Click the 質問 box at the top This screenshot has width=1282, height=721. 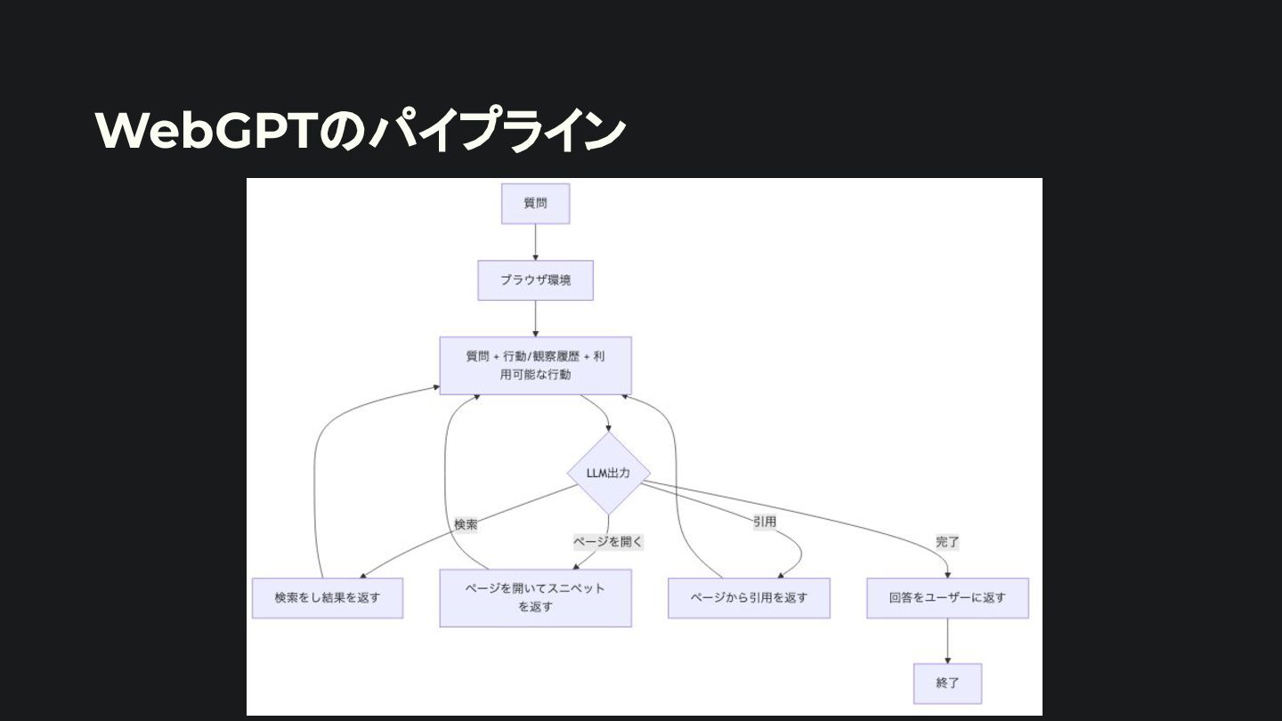(535, 204)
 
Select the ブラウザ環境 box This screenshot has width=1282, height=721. (535, 280)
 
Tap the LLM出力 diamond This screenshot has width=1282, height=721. (609, 473)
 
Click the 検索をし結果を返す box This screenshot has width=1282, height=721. (327, 598)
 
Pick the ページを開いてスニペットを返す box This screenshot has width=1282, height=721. (535, 598)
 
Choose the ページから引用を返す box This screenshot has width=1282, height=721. (749, 598)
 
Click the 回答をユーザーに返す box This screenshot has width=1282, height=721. (947, 598)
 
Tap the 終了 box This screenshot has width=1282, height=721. (947, 684)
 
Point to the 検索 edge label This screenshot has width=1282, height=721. (466, 524)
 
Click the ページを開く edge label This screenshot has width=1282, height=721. (608, 540)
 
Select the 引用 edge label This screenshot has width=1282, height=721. (765, 522)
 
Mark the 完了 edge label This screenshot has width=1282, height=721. (947, 541)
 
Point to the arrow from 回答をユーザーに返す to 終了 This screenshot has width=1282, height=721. (947, 641)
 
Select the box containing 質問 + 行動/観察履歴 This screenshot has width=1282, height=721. (535, 365)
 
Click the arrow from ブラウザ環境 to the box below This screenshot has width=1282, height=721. (535, 319)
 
